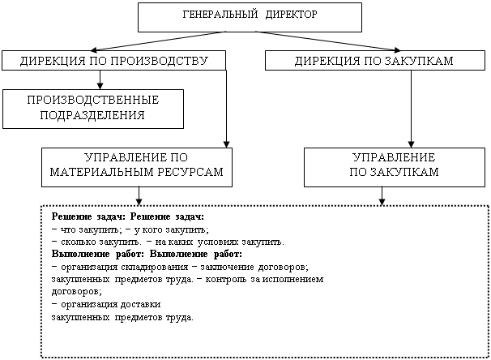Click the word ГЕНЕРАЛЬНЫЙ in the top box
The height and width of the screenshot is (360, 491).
(x=220, y=15)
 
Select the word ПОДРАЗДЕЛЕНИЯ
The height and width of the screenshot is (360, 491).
(x=92, y=115)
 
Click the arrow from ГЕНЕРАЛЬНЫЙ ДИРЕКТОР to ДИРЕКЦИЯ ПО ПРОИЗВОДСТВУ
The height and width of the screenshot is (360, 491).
(x=158, y=41)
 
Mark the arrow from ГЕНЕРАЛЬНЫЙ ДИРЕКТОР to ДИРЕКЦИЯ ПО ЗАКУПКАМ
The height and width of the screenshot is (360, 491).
(x=328, y=41)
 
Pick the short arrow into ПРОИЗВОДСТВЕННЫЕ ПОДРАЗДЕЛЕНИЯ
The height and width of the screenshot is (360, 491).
(x=100, y=80)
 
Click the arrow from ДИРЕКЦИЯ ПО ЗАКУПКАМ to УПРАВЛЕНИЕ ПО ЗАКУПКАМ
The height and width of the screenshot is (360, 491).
(x=411, y=109)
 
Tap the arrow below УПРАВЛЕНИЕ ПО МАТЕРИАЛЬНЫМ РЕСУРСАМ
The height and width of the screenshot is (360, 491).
(x=139, y=196)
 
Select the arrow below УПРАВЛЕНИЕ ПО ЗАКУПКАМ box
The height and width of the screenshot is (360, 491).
(x=382, y=196)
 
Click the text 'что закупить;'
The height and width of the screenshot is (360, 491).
(x=91, y=229)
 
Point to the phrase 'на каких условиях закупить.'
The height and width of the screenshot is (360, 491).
(x=220, y=242)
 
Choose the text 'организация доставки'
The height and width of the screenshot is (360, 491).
(x=111, y=305)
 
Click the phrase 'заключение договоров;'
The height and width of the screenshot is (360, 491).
(x=254, y=268)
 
